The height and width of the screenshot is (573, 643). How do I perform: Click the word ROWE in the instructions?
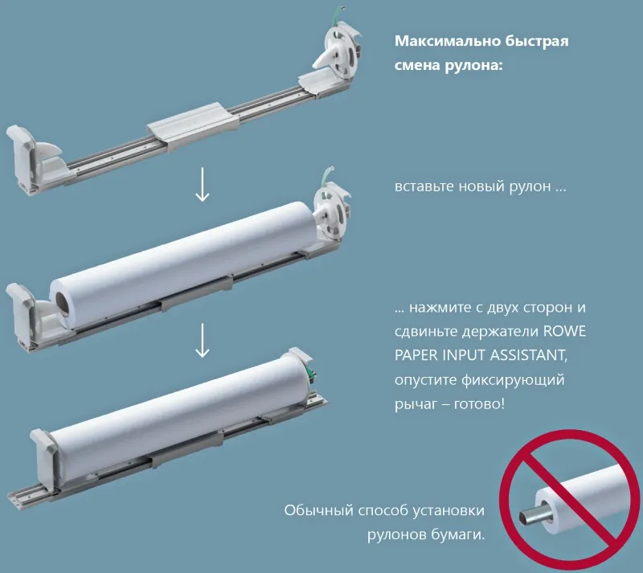click(564, 331)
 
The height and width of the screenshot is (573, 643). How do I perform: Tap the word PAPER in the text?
click(416, 355)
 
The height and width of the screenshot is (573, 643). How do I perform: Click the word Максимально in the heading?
click(447, 41)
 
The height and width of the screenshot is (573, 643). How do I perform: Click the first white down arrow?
click(203, 184)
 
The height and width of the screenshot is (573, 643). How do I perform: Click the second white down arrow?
click(203, 340)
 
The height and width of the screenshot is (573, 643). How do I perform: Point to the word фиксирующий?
click(514, 380)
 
